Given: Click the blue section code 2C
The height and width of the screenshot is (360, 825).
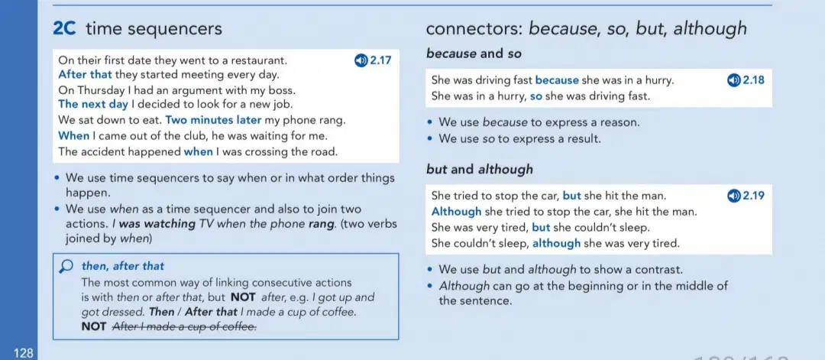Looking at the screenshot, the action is [x=65, y=28].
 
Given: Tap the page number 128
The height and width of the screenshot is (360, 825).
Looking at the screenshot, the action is [x=24, y=353].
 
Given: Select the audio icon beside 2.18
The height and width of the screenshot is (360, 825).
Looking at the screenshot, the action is [x=733, y=80].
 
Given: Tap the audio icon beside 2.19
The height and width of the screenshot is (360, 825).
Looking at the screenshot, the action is [x=733, y=196].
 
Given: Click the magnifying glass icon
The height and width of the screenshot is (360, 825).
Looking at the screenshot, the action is [x=66, y=267].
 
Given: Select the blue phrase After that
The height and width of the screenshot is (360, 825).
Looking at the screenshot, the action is [x=86, y=74].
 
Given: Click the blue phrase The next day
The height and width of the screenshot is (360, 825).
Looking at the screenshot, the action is [x=93, y=104].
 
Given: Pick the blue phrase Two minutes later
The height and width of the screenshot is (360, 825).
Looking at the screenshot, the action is [x=213, y=120].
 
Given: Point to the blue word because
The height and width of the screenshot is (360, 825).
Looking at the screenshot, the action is [x=557, y=80].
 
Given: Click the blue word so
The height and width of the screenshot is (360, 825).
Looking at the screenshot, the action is [x=535, y=96].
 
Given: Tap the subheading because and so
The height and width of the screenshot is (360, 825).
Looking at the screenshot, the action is [x=474, y=54].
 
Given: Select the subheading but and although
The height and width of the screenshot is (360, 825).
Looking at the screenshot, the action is [x=479, y=170].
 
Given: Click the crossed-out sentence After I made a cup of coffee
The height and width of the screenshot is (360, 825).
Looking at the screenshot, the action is [x=185, y=327].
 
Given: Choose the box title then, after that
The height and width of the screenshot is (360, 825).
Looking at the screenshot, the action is [x=122, y=266].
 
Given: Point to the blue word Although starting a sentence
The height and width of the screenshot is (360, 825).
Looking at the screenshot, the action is [x=456, y=212].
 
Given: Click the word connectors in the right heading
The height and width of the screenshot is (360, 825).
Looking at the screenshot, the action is [x=474, y=29].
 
